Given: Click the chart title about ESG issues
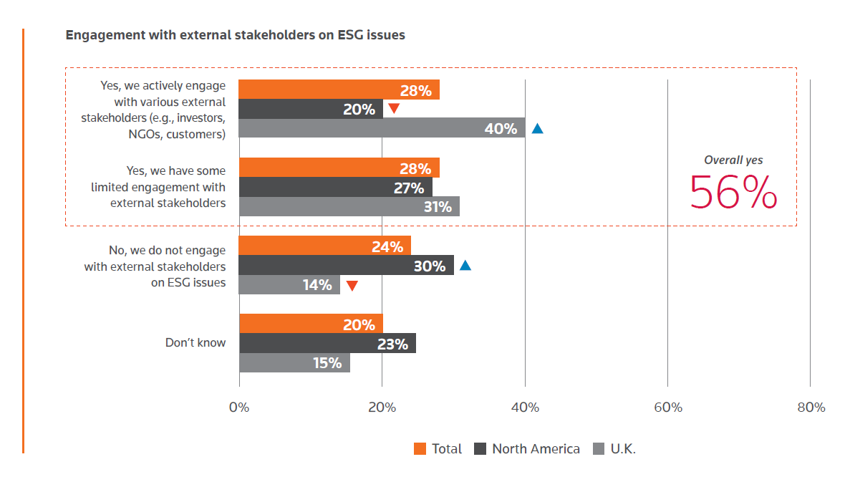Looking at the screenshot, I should pos(235,35).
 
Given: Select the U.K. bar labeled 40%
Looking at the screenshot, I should pos(381,128).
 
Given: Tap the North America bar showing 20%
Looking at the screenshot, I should pos(310,109).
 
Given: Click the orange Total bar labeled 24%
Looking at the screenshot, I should pos(324,246).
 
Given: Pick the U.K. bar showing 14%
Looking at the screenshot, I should pos(289,284).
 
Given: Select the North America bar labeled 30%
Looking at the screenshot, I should pos(346,265).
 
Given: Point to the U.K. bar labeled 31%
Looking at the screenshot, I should pos(349,206).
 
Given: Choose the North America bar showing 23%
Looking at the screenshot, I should pos(327,343).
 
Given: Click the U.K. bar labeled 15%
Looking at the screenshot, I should pos(294,362).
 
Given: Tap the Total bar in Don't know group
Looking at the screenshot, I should pos(310,324).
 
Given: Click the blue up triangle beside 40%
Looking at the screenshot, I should pos(537,129).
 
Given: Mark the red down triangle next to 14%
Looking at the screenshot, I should pos(352,286).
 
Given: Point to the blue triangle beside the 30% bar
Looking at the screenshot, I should pos(465,266).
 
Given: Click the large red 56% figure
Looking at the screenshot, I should pos(733,192).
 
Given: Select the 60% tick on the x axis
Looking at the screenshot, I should pos(667,408).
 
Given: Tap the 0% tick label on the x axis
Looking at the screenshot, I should pos(238,408).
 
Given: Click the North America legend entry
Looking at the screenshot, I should pos(527,449).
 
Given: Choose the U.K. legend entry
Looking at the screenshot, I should pos(615,449).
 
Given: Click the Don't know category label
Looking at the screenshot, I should pos(195,342).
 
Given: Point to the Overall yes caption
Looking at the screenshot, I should pos(733,160).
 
